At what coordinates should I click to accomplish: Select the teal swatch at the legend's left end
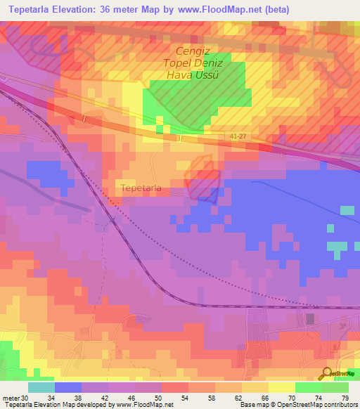(41, 387)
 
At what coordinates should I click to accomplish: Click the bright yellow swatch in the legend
(281, 387)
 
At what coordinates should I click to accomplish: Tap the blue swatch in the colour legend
(67, 387)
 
